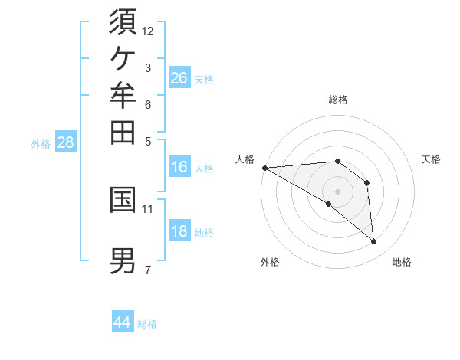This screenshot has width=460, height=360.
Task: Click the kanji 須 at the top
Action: click(x=123, y=21)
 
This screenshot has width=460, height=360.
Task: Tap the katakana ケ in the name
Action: click(x=123, y=58)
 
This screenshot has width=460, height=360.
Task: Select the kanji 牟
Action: click(x=123, y=95)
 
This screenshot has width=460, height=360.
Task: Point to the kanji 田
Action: click(x=123, y=133)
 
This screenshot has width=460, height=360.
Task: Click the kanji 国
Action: click(x=123, y=200)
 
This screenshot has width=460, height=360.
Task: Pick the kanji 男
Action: click(x=123, y=261)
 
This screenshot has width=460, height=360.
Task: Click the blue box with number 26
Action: click(x=179, y=77)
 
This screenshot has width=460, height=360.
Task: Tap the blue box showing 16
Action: click(x=179, y=166)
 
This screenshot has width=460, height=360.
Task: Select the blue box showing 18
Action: click(x=179, y=230)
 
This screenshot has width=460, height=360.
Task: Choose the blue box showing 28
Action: click(x=66, y=141)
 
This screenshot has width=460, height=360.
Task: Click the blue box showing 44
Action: click(x=123, y=321)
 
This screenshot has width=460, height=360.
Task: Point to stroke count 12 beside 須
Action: click(x=147, y=31)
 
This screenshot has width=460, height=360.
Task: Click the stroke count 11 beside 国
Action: click(x=147, y=209)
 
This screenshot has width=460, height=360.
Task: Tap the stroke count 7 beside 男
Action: click(x=148, y=270)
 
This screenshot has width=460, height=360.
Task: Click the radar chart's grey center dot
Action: click(x=337, y=192)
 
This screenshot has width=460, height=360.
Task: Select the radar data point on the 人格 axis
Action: click(x=265, y=168)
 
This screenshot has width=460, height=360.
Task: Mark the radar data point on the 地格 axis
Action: click(x=373, y=241)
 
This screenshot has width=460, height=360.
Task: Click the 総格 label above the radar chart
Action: click(x=338, y=100)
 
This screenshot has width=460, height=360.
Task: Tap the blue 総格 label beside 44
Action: click(x=147, y=324)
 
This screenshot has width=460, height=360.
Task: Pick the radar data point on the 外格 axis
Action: click(x=329, y=204)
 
